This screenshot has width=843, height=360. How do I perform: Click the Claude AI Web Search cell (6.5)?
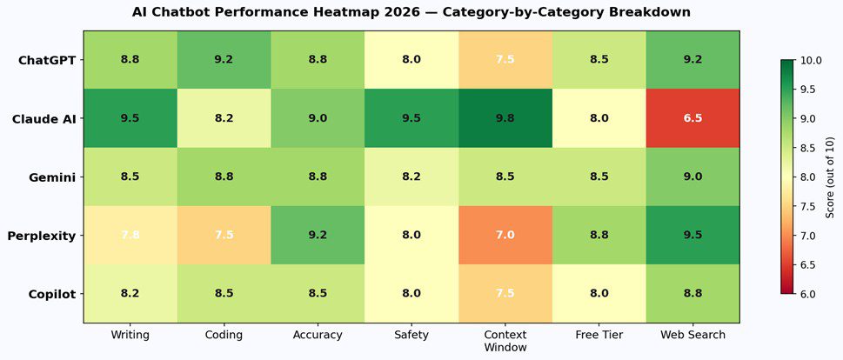(x=692, y=118)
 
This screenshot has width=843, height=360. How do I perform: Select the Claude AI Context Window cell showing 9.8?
(x=505, y=118)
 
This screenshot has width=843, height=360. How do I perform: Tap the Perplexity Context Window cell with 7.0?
(x=505, y=235)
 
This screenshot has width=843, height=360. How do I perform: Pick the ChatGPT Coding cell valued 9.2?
(x=224, y=60)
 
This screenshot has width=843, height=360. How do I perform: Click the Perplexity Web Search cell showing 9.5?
(x=692, y=235)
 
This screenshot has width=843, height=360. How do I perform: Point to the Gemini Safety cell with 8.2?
(x=411, y=177)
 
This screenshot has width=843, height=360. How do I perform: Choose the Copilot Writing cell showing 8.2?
(x=130, y=294)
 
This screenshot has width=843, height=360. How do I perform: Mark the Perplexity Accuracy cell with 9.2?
(x=318, y=235)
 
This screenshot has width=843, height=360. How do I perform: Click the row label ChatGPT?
(x=47, y=60)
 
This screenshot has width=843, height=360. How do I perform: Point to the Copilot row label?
(x=51, y=294)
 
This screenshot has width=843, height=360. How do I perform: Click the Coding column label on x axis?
(x=224, y=334)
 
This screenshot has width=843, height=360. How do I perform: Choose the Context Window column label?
(x=505, y=340)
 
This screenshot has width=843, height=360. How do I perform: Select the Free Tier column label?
(x=599, y=334)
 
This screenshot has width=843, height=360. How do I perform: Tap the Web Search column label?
(x=692, y=334)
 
